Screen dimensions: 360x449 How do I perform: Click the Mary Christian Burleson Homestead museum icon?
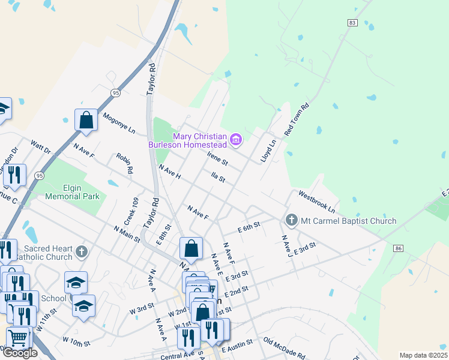coord(236,140)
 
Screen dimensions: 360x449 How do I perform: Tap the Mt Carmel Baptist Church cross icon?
coord(292,220)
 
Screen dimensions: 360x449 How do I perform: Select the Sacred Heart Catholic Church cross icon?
coord(82,252)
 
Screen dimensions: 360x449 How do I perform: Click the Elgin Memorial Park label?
coord(72,191)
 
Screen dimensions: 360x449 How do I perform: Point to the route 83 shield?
coord(352,22)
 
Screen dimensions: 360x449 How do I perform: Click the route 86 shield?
coord(398,247)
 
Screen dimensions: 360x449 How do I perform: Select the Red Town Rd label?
coord(296,119)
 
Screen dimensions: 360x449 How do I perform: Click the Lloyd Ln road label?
coord(268,151)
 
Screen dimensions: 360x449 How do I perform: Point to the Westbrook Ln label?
coord(316,201)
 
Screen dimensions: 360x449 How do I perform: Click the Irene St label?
coord(217,159)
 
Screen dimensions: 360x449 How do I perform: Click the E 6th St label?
coord(248,227)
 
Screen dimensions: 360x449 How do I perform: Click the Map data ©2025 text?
coord(423,355)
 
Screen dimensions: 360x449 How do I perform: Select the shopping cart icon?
coord(19,339)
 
